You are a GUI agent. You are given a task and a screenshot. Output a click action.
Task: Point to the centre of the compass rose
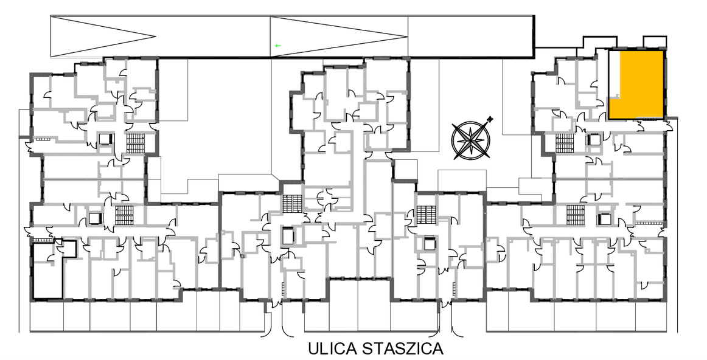click(471, 140)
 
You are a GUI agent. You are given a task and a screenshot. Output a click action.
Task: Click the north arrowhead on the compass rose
click(490, 119)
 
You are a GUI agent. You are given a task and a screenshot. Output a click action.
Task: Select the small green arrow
click(278, 45)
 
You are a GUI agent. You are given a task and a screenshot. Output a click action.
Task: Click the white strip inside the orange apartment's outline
click(614, 74)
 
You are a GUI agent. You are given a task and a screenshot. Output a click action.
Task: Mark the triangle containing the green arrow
click(339, 36)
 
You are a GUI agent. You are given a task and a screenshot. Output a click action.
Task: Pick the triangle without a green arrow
click(103, 36)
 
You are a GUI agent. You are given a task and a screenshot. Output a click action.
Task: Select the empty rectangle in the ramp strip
click(471, 36)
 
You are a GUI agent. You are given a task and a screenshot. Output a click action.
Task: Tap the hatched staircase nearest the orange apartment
click(563, 143)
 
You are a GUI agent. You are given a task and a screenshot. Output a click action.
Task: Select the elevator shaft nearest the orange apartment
click(592, 140)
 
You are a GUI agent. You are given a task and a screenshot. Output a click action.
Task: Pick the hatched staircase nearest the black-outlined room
click(123, 215)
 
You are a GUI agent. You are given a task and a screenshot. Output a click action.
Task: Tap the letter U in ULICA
click(314, 349)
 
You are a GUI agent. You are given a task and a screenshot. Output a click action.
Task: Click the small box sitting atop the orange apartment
click(655, 42)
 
